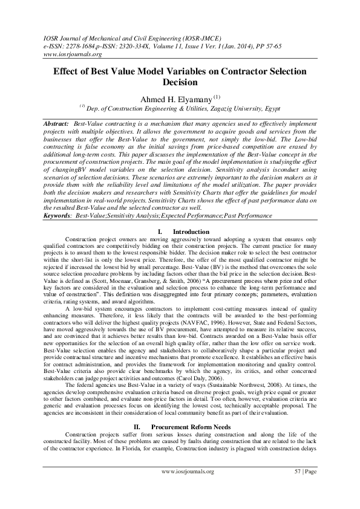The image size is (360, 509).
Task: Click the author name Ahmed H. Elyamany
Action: [175, 99]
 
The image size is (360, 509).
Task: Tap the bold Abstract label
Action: [56, 123]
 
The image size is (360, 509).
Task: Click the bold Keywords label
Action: [57, 215]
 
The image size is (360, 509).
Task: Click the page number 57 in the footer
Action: [297, 487]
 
